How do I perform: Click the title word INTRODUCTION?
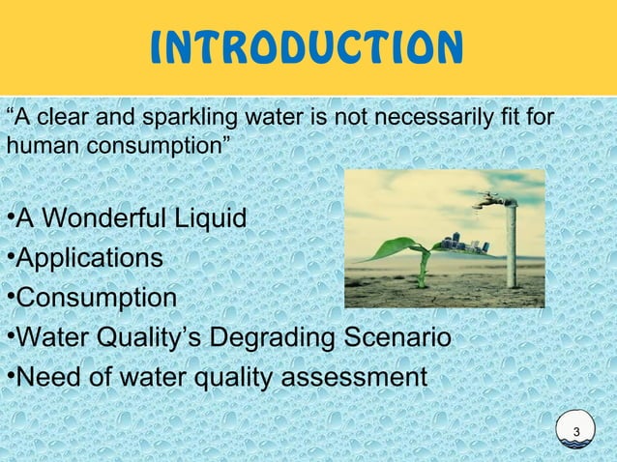tap(307, 46)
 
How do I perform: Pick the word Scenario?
tap(398, 338)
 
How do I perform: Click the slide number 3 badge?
tap(576, 432)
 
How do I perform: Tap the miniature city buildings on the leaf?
tap(458, 242)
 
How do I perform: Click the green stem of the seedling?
tap(423, 272)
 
